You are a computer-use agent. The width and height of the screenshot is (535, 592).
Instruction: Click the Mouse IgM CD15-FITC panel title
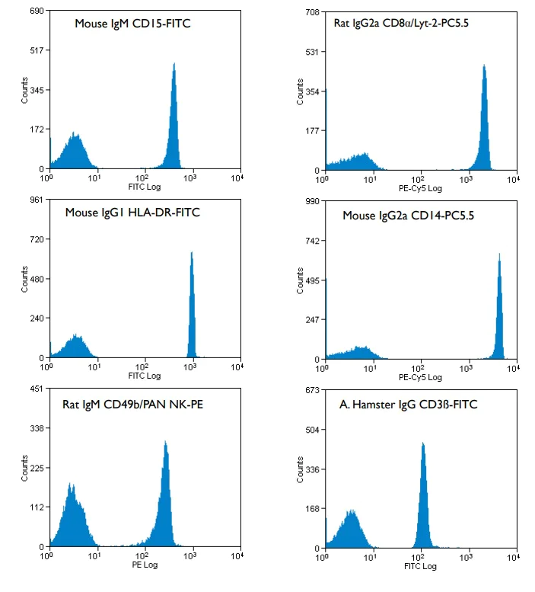132,24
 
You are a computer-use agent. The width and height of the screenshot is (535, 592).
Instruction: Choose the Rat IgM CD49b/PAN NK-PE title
132,404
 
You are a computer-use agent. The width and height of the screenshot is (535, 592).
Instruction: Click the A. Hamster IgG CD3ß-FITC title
409,405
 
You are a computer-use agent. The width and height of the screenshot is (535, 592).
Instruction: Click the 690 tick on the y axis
36,11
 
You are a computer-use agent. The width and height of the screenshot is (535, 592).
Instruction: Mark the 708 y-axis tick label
310,12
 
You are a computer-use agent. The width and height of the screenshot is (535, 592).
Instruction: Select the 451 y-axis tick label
36,389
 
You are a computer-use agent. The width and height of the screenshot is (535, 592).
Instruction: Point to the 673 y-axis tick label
310,391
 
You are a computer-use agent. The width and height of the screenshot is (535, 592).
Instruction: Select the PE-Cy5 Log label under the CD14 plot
419,376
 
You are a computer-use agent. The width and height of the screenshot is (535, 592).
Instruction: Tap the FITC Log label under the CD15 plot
144,187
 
